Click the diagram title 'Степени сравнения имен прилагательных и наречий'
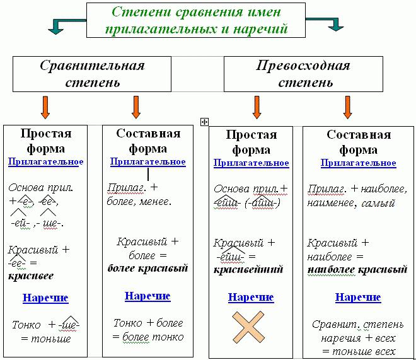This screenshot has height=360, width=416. click(196, 20)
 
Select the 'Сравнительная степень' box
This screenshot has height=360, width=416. click(92, 74)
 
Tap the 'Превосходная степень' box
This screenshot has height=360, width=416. click(303, 74)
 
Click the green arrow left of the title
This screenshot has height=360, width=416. click(66, 25)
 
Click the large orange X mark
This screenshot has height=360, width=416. click(248, 327)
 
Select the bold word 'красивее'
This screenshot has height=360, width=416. click(31, 276)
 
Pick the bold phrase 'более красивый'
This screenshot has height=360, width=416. click(147, 269)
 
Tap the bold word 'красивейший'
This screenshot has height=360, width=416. click(248, 270)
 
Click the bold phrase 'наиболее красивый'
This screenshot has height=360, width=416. click(357, 270)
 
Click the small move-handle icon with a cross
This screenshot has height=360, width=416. click(204, 122)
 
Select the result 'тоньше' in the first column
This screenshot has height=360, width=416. click(50, 339)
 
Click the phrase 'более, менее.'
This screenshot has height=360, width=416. click(139, 202)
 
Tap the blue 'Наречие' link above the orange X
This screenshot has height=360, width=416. click(251, 298)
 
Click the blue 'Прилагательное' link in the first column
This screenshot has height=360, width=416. click(45, 162)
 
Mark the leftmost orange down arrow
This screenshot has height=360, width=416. click(45, 107)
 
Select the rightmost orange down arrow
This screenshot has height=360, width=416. click(347, 107)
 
